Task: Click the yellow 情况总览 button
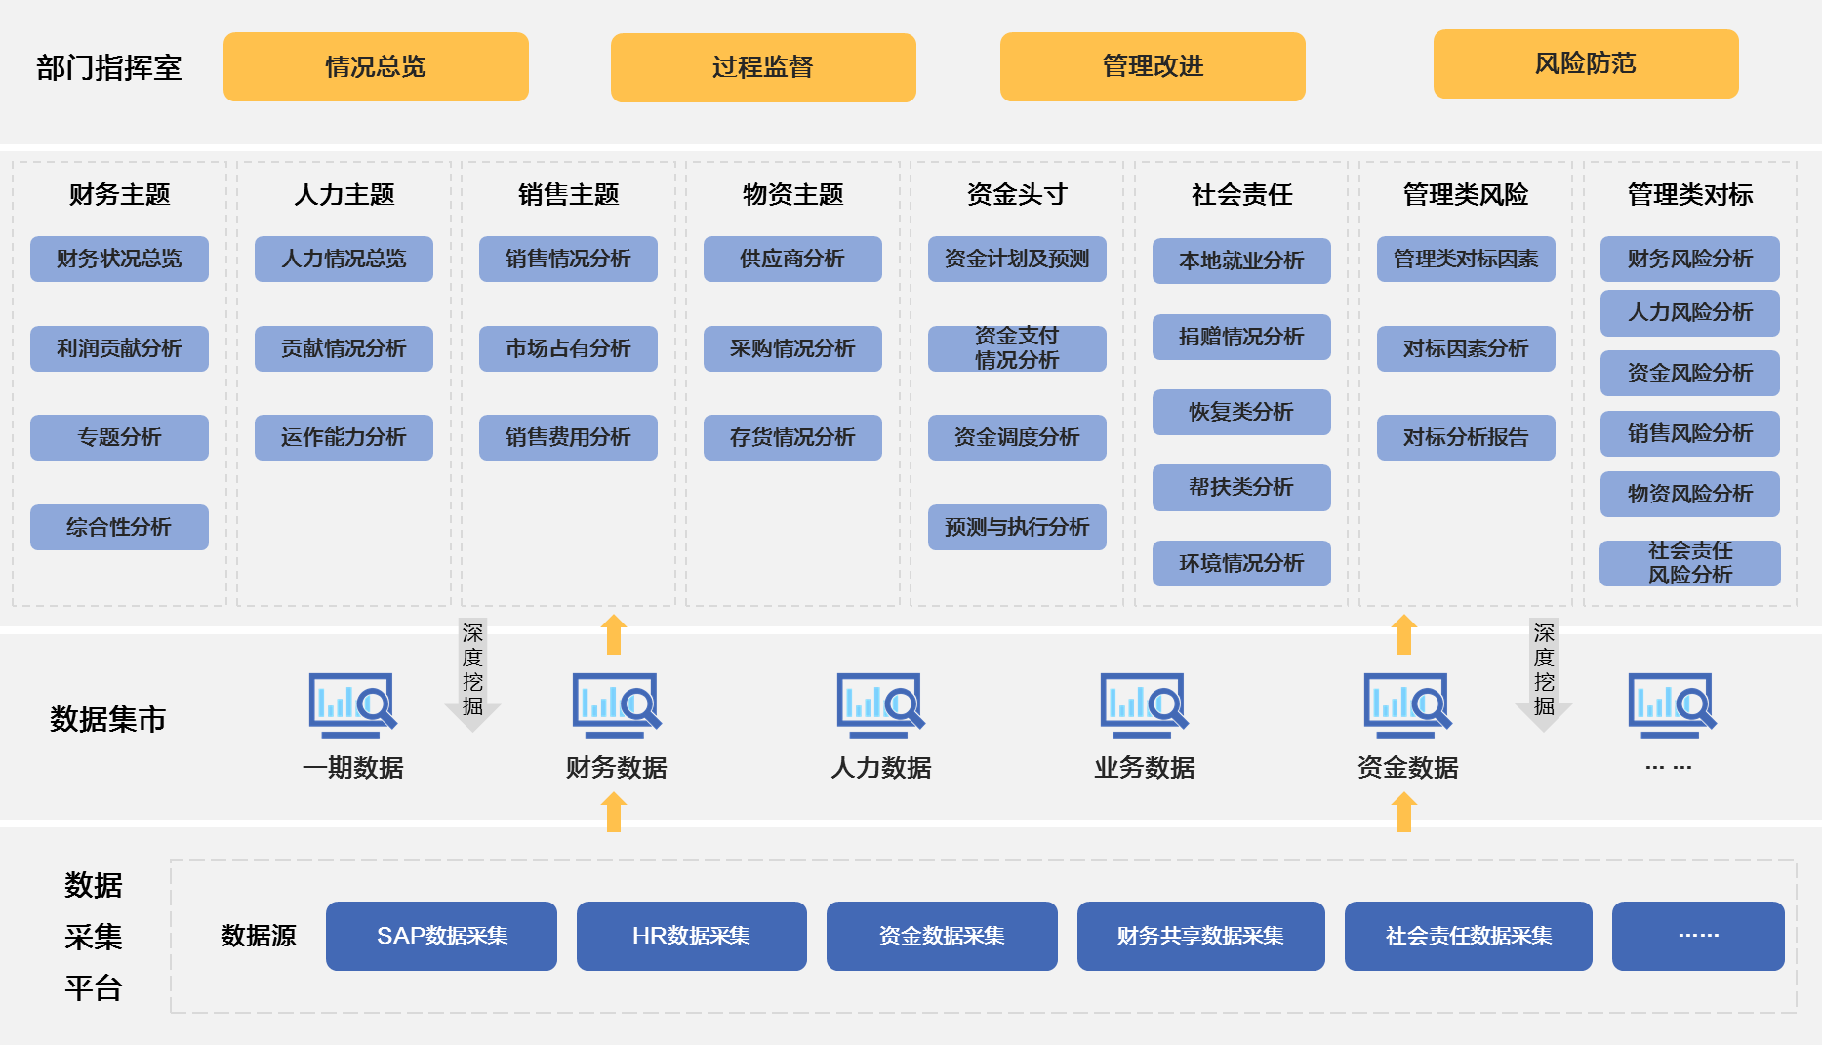coord(376,66)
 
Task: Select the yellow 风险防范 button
coord(1585,63)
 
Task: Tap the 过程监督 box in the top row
coord(762,67)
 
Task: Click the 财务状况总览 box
coord(119,259)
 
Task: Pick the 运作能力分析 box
coord(344,437)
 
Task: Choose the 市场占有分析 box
coord(568,348)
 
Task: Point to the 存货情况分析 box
coord(792,437)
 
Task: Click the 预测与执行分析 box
coord(1017,527)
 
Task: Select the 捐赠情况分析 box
coord(1241,337)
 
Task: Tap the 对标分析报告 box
coord(1466,437)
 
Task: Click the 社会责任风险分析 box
coord(1690,563)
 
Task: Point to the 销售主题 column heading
coord(568,194)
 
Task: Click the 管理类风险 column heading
coord(1466,194)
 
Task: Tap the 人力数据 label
coord(880,768)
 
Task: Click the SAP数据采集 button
coord(441,936)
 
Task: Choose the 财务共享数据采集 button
coord(1200,936)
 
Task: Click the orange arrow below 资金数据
coord(1403,812)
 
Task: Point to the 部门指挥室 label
coord(109,67)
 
